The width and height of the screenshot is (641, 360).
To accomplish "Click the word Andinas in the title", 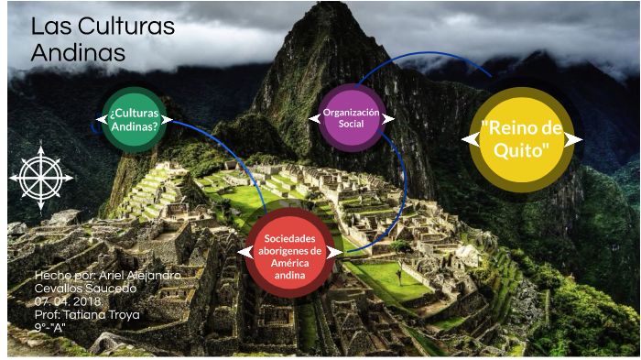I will (x=78, y=53).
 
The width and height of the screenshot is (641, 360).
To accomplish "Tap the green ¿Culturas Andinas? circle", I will (x=134, y=119).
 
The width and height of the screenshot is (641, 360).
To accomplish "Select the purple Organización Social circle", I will (x=352, y=117).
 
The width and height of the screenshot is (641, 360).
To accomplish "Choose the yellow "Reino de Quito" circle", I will (x=522, y=139).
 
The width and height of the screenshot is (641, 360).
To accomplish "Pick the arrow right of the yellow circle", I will (x=573, y=139).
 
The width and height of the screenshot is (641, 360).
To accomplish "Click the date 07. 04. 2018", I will (x=69, y=301).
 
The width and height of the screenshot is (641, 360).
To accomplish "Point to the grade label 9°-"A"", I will (x=50, y=327).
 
